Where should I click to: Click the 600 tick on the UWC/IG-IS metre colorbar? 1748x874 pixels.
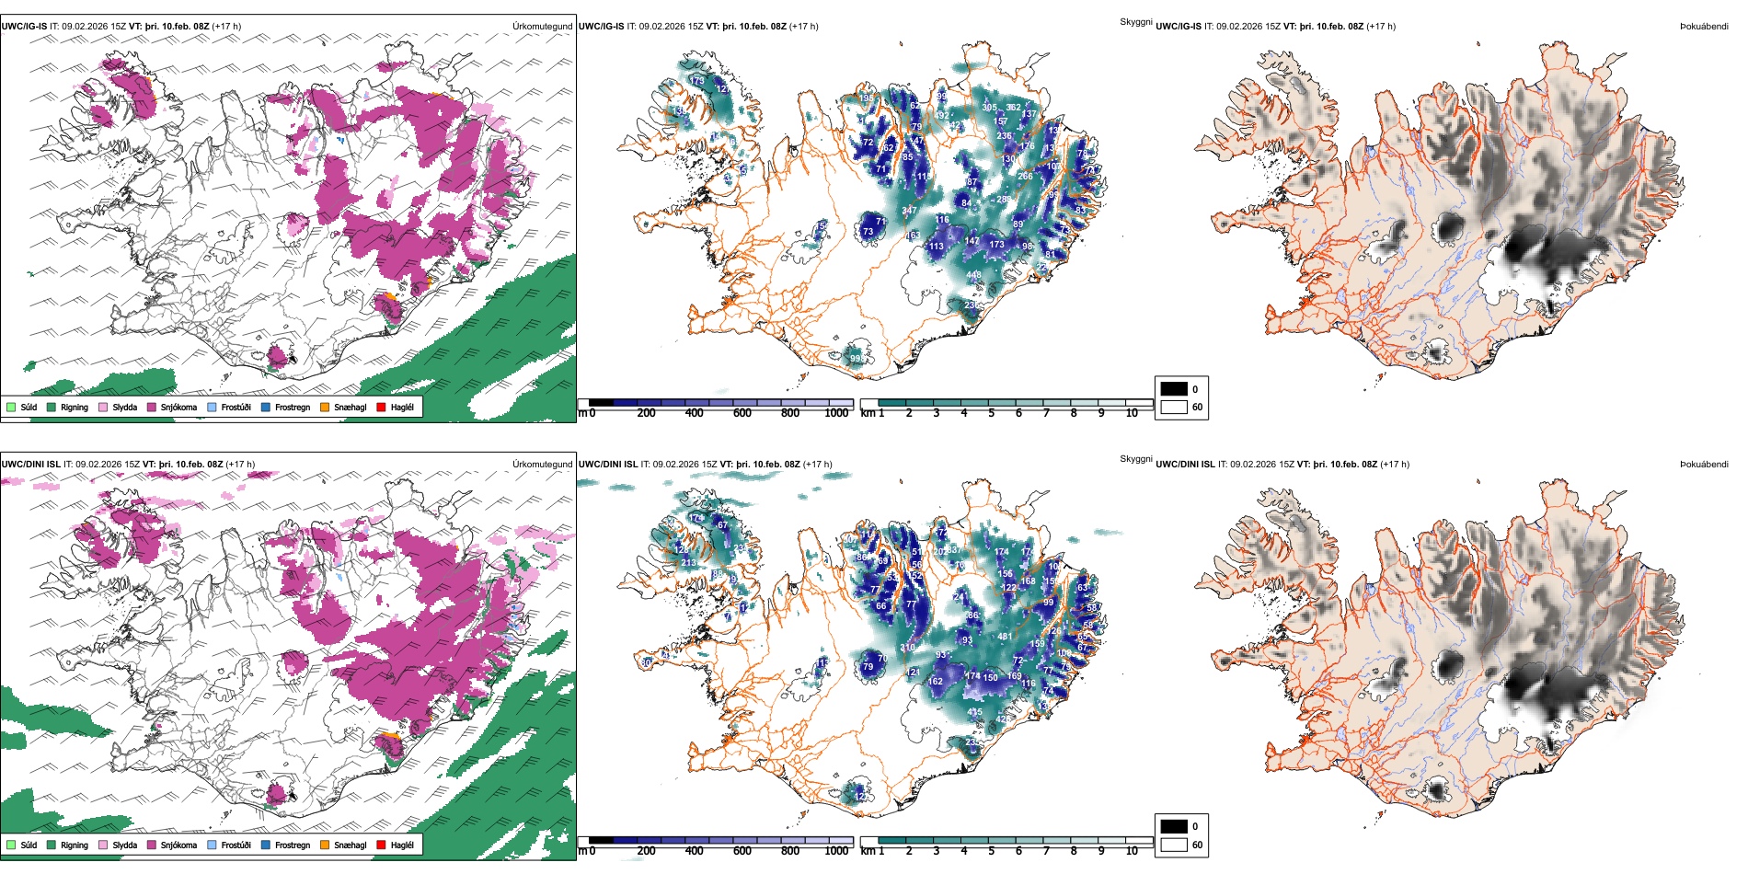(742, 413)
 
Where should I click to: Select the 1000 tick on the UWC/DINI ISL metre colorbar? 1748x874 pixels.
(836, 851)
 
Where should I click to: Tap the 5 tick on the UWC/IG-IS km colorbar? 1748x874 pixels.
(991, 413)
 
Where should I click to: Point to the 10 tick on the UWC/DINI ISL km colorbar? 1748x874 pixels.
(1132, 851)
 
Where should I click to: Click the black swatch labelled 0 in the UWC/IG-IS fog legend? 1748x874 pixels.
(1174, 389)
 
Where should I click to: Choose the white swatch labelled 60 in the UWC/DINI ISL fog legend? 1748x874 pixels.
(1174, 845)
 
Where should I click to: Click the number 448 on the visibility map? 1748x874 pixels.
(974, 275)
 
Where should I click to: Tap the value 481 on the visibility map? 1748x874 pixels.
(1005, 636)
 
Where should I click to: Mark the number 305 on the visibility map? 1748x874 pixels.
(989, 108)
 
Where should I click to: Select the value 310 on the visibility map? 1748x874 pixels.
(907, 648)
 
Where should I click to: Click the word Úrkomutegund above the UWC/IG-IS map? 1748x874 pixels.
(542, 27)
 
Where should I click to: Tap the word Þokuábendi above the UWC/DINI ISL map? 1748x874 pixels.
(1704, 465)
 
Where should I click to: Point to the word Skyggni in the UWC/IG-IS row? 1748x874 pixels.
(1136, 22)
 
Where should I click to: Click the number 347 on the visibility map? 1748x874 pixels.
(909, 211)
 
